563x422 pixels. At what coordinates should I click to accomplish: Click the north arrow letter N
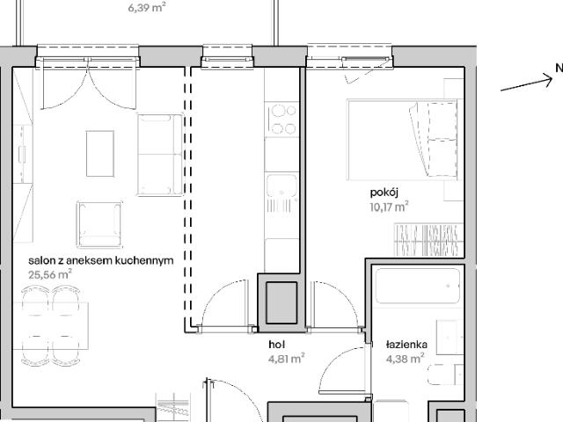point(558,69)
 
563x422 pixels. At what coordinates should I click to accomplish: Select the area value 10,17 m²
point(390,207)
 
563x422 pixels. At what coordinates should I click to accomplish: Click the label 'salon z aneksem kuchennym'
point(100,261)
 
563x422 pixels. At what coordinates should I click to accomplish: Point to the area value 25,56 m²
point(50,274)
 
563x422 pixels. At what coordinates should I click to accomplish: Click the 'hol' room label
point(277,345)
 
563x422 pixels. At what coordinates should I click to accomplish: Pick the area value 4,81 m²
point(286,358)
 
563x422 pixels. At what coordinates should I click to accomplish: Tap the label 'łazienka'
point(406,345)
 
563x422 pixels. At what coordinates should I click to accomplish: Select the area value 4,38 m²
point(405,358)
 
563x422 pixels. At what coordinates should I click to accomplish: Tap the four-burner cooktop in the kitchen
point(282,120)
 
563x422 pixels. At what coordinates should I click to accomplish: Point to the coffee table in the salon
point(100,153)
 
